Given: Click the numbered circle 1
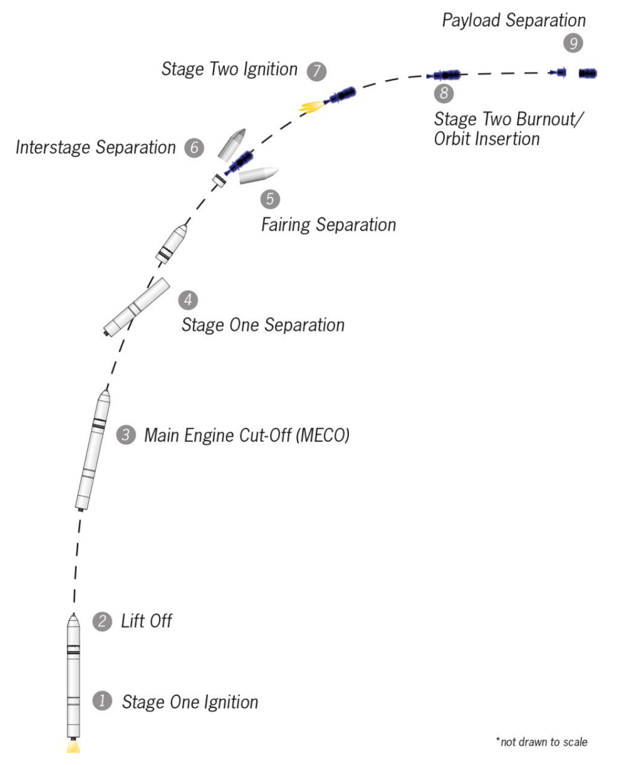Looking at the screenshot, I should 102,701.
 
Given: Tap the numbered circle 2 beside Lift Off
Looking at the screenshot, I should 102,621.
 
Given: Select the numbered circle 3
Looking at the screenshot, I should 126,434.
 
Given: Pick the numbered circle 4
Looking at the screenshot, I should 188,300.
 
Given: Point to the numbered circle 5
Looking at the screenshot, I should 270,199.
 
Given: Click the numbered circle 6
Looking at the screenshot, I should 194,148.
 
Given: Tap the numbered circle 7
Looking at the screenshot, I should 316,71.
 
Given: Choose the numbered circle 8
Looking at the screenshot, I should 444,93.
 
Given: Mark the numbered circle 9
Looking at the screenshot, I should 573,43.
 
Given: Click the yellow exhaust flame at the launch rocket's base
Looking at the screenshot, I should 73,747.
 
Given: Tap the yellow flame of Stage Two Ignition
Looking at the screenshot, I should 310,106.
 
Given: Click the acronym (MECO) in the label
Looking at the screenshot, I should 322,435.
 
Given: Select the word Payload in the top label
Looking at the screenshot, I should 471,21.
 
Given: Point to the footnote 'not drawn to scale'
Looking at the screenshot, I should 543,742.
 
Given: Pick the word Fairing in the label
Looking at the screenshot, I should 286,224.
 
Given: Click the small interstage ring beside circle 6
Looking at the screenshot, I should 218,180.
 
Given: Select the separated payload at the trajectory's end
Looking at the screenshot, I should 587,73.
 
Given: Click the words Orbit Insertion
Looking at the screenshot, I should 486,139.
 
